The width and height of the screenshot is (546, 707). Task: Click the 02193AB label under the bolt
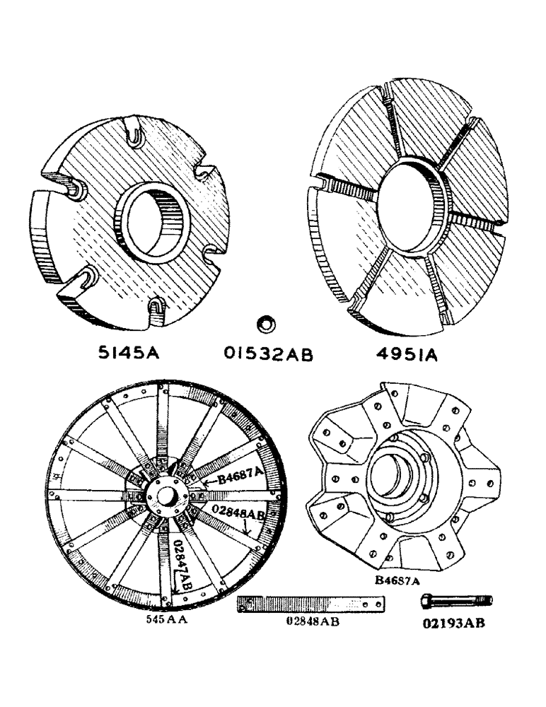pyautogui.click(x=452, y=624)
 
